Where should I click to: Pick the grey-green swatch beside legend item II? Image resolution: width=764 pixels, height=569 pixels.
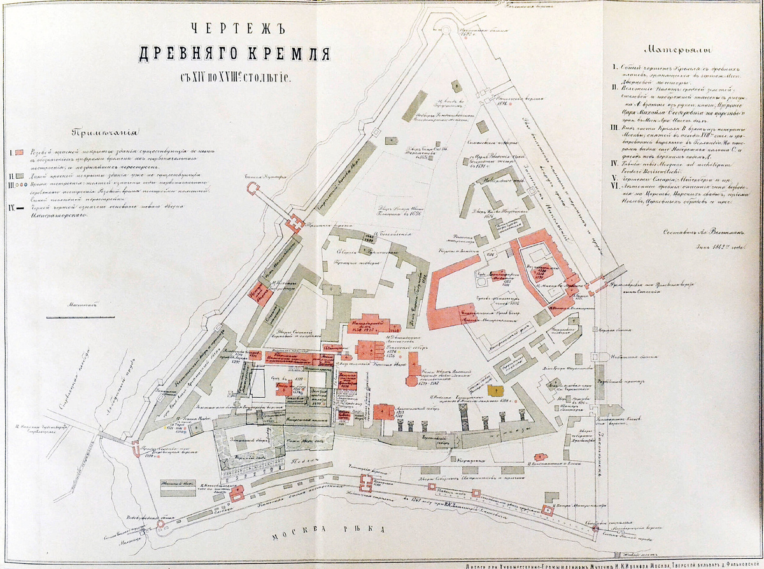coord(20,173)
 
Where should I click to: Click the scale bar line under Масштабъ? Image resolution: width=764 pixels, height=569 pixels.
coord(79,316)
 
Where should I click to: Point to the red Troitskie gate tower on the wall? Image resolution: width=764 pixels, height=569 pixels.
coord(295,223)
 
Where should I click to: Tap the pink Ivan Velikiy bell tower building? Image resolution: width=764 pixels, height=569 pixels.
coord(412,370)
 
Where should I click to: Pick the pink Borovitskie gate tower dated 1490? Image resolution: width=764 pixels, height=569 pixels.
coord(137,449)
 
